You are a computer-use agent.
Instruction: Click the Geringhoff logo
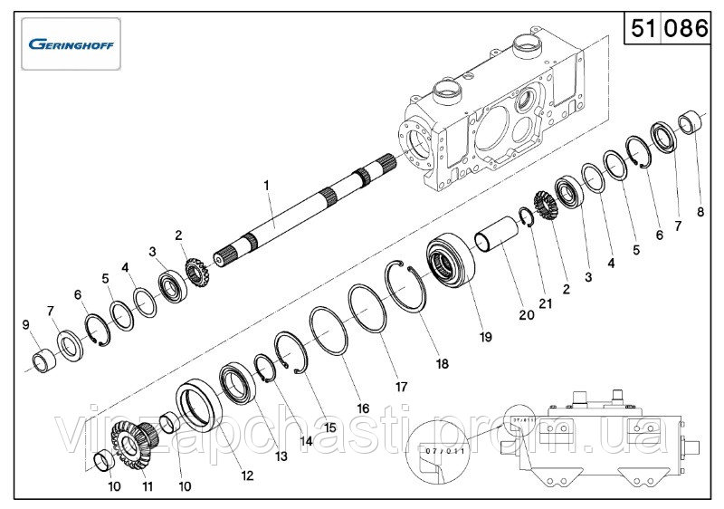point(71,43)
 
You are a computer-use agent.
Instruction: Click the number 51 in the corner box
point(643,29)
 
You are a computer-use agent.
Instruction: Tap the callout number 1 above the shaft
point(267,186)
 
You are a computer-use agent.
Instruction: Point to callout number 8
point(700,213)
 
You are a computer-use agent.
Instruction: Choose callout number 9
point(24,324)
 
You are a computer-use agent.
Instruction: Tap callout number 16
point(363,408)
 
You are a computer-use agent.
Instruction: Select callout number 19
point(485,337)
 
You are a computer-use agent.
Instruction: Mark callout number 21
point(545,303)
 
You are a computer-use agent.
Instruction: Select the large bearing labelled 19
point(449,262)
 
